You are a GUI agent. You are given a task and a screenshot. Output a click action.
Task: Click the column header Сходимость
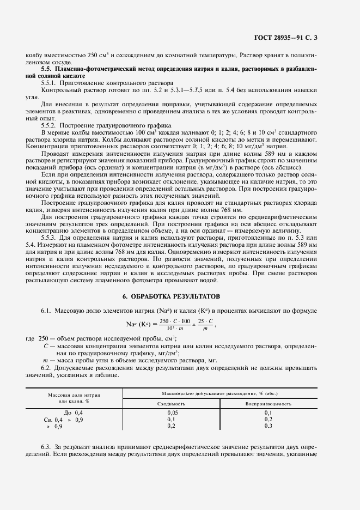(171, 404)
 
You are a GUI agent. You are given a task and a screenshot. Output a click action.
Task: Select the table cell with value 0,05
(171, 413)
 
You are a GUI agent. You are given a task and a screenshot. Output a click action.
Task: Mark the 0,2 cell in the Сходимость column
(171, 426)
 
